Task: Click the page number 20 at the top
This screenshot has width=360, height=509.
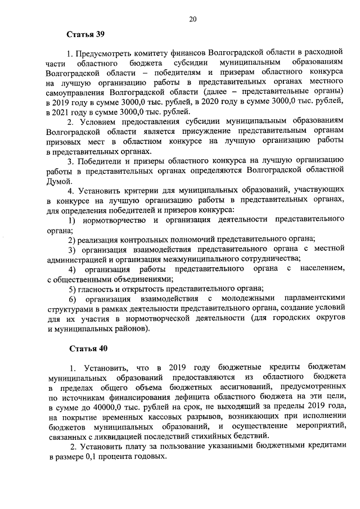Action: coord(192,19)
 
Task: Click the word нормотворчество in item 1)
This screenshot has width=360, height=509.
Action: coord(115,219)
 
